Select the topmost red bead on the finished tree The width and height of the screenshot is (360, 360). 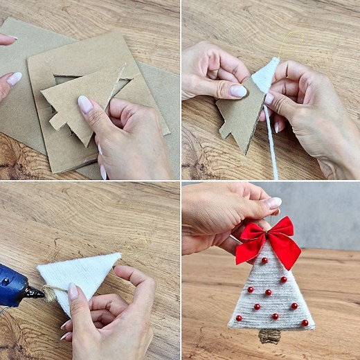pos(264,260)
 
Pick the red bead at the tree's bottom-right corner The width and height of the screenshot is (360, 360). pos(304,323)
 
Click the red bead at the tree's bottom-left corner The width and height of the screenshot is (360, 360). pos(239,318)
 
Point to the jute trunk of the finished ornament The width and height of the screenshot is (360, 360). pos(270,336)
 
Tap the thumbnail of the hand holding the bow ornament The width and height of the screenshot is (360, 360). pos(273,202)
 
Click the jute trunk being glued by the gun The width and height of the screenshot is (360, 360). pos(49,294)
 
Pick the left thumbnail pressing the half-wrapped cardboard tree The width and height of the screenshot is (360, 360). pos(237,91)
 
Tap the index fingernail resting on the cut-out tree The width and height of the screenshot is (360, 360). pos(85,104)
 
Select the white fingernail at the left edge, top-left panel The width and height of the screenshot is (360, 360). pos(14,78)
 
